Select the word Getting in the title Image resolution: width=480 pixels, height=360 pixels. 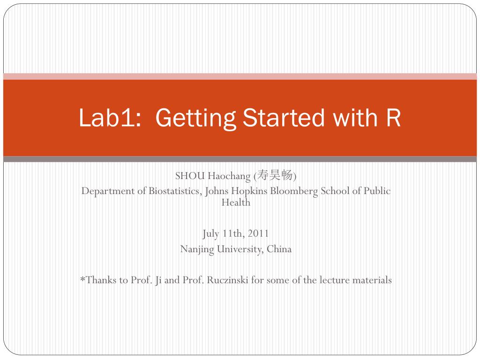(x=195, y=118)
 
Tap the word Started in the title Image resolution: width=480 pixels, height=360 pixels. (x=284, y=118)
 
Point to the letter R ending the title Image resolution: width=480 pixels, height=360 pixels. (x=394, y=118)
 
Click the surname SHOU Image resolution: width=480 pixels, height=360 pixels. (x=190, y=176)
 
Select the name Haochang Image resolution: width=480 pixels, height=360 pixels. (x=229, y=176)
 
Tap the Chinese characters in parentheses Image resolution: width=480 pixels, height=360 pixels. (x=275, y=176)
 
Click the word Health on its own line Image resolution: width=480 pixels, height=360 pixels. (x=236, y=202)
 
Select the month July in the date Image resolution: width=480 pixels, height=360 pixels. (x=210, y=233)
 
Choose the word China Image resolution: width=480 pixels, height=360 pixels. (x=279, y=249)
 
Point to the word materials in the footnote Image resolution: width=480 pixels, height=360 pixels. (x=372, y=280)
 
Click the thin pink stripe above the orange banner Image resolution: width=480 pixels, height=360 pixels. (x=240, y=76)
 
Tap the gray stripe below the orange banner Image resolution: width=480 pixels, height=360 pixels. (x=240, y=159)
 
